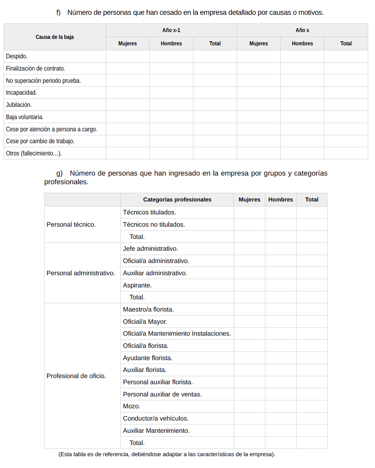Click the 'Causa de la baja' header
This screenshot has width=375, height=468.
coord(55,37)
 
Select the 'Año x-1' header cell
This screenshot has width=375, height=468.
coord(171,30)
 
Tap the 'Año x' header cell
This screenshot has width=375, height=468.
coord(302,30)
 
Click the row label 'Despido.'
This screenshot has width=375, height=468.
coord(17,56)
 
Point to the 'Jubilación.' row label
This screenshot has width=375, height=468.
coord(19,105)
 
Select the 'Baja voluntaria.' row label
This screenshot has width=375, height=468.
coord(25,117)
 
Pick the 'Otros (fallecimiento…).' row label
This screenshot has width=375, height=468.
coord(34,153)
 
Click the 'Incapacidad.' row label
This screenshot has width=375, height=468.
coord(21,92)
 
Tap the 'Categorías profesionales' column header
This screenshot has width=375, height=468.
coord(177,200)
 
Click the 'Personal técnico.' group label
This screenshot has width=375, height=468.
coord(71,224)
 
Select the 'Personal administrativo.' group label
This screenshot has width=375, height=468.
coord(81,273)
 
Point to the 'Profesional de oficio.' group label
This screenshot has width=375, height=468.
coord(76,376)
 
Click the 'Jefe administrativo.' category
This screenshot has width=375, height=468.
coord(151,249)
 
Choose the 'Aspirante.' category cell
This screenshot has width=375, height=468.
coord(137,285)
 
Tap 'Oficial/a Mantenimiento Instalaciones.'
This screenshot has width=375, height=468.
coord(177,333)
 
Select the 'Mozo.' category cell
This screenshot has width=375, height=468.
coord(132,406)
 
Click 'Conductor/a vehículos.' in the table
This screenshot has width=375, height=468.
coord(156,418)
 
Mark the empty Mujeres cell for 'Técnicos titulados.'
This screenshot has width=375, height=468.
coord(249,212)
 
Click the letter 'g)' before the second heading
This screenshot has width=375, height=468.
coord(59,173)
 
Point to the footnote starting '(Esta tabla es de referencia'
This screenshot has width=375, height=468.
coord(166,454)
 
